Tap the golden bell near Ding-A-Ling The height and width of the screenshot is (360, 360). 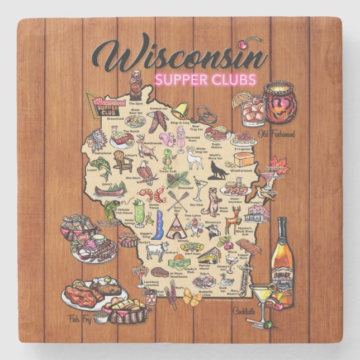179,110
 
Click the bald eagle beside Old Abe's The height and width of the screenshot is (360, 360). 145,172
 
